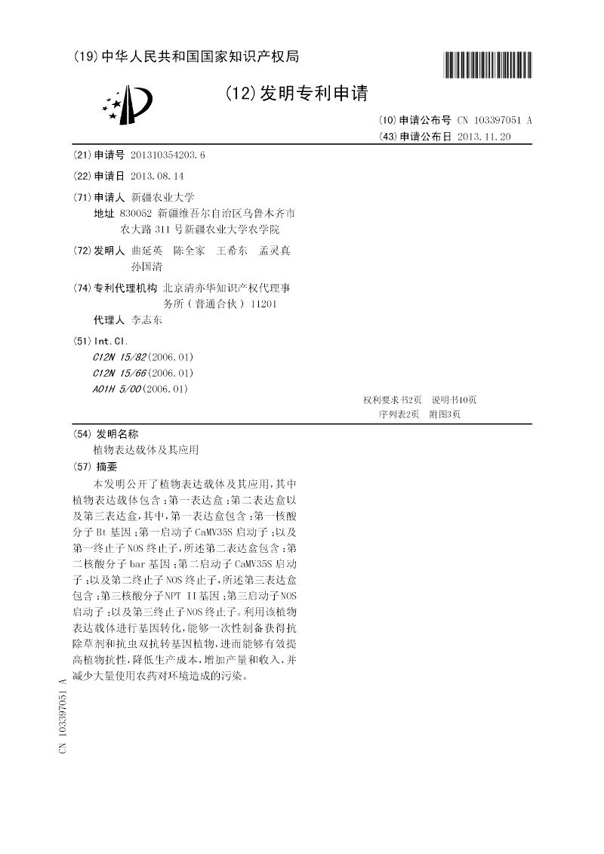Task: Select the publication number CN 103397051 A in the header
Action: pyautogui.click(x=494, y=120)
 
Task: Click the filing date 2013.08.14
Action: pyautogui.click(x=157, y=175)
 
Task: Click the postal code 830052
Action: pyautogui.click(x=136, y=214)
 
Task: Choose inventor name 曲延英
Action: pyautogui.click(x=146, y=251)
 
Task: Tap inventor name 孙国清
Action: pyautogui.click(x=146, y=267)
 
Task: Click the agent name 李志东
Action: pyautogui.click(x=146, y=319)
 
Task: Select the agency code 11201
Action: pyautogui.click(x=263, y=304)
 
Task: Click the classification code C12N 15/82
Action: pyautogui.click(x=119, y=356)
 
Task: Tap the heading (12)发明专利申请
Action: pyautogui.click(x=296, y=94)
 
